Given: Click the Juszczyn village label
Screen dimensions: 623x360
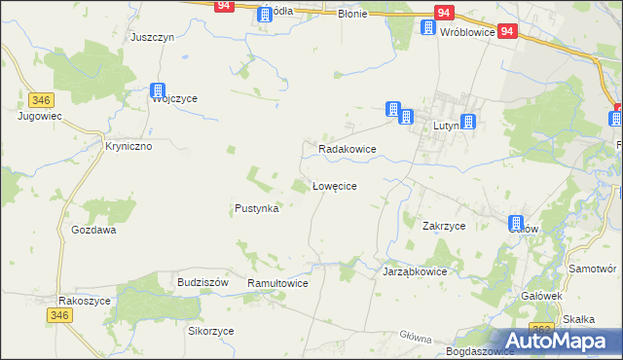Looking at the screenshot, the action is (152, 37).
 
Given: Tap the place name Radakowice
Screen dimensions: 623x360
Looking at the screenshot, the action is (348, 149).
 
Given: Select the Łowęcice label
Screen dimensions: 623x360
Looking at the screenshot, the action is (339, 185).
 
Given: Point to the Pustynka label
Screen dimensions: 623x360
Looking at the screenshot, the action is (257, 208).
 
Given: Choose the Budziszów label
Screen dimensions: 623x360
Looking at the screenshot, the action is (202, 281).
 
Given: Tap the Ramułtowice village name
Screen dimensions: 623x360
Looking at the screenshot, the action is (277, 282).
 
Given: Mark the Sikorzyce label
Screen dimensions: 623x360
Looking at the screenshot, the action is (211, 331).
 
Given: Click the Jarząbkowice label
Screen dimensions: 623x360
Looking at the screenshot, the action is (414, 272).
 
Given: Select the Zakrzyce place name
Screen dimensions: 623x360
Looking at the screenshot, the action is (444, 226).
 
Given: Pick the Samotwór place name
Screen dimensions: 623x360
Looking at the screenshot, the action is (594, 268).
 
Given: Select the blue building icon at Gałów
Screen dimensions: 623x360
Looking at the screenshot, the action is (517, 224).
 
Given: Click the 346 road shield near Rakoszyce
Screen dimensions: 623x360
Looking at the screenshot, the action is (59, 314).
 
